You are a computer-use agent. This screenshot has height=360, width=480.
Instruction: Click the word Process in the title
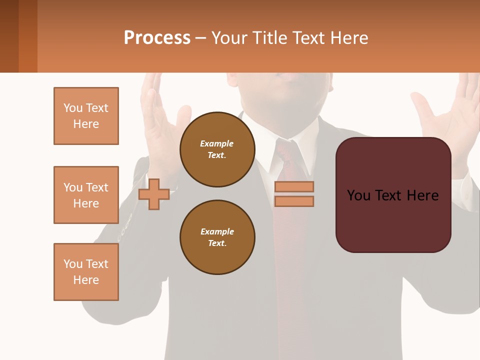pos(157,38)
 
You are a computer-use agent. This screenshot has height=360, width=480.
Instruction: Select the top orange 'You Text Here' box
pos(86,116)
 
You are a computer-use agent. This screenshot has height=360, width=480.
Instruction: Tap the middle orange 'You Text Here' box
pos(86,195)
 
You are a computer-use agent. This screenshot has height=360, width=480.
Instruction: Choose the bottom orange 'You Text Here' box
pos(86,272)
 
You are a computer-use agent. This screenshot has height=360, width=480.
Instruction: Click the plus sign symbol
pos(154,194)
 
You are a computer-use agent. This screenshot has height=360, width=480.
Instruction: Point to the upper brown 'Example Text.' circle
pos(217,149)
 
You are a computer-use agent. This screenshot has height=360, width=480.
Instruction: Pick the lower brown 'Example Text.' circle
pos(217,237)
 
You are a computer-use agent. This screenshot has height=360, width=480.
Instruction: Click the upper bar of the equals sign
pos(294,187)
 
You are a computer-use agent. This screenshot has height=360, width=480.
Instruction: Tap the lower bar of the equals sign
pos(294,201)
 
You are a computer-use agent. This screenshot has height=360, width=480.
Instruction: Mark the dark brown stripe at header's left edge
pos(9,36)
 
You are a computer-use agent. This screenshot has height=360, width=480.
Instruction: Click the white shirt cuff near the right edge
pos(467,192)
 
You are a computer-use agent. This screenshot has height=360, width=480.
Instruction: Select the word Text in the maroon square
pos(393,195)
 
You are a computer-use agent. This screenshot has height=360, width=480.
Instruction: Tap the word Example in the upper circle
pos(217,144)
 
